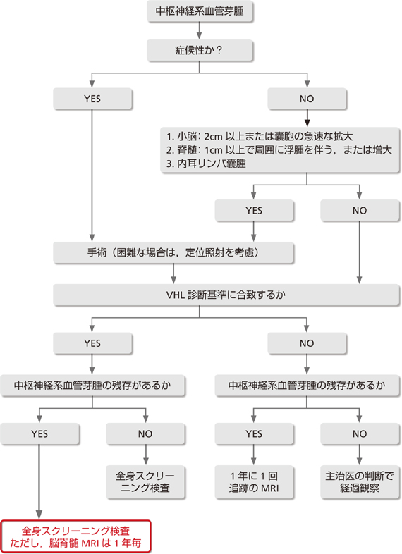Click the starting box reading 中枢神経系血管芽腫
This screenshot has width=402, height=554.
coord(200,11)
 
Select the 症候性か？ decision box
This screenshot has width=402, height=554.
coord(200,50)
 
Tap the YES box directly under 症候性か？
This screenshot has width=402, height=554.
coord(92,99)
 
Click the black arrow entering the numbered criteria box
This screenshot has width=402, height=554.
coord(307,118)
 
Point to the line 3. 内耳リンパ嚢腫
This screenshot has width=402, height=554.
coord(206,164)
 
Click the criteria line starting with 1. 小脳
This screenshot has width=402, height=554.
coord(260,136)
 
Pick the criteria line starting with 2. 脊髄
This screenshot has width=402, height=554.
coord(279,150)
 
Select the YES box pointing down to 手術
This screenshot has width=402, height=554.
coord(254,211)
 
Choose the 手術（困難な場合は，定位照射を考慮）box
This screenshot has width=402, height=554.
coord(173,252)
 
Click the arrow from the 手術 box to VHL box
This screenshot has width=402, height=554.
coord(173,273)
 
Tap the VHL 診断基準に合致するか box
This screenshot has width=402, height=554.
coord(226,295)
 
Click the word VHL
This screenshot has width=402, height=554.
coord(176,295)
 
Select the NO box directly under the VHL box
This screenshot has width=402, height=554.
coord(307,343)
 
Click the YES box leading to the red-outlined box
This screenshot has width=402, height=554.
coord(39,433)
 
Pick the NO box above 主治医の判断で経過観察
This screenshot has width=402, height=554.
coord(360,433)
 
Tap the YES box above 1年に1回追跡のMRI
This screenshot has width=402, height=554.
coord(254,433)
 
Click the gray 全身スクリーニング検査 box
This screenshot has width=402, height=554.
coord(145,482)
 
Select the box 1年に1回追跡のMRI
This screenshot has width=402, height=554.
coord(254,482)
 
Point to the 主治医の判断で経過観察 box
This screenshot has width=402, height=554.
coord(360,482)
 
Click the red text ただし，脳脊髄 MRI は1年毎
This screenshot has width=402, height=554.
coord(75,543)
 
